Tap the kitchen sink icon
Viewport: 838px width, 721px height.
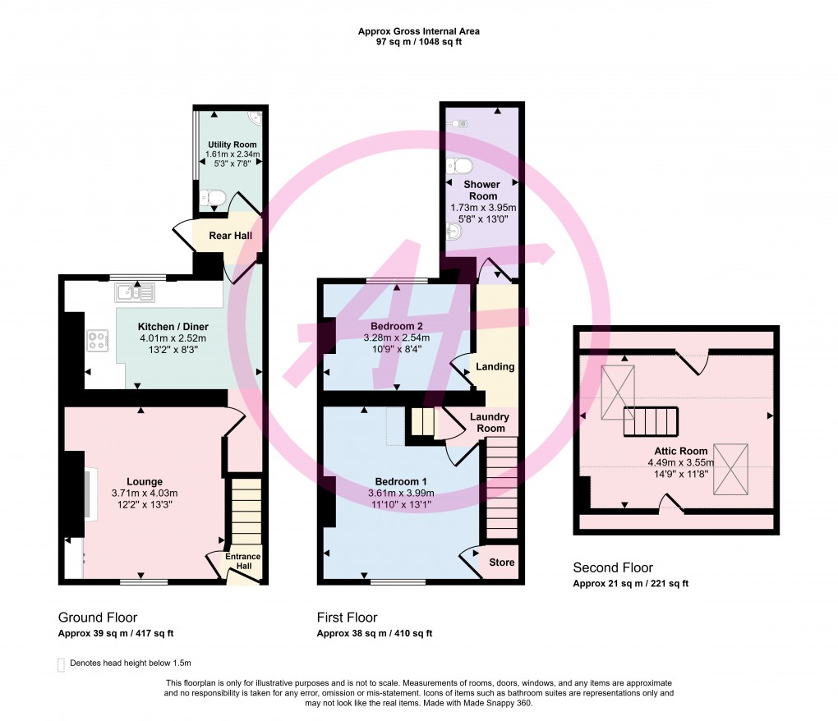tap(135, 292)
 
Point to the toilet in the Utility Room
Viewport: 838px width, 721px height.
tap(213, 197)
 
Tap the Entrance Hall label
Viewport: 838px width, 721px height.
tap(243, 562)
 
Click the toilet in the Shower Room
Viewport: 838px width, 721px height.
tap(457, 166)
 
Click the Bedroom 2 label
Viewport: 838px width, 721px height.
tap(397, 326)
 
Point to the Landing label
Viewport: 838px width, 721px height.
tap(495, 366)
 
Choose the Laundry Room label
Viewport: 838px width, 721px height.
tap(489, 422)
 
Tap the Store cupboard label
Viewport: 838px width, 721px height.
tap(502, 563)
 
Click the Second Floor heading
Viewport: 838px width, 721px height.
tap(612, 567)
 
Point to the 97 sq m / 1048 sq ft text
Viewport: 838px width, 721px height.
tap(419, 42)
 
